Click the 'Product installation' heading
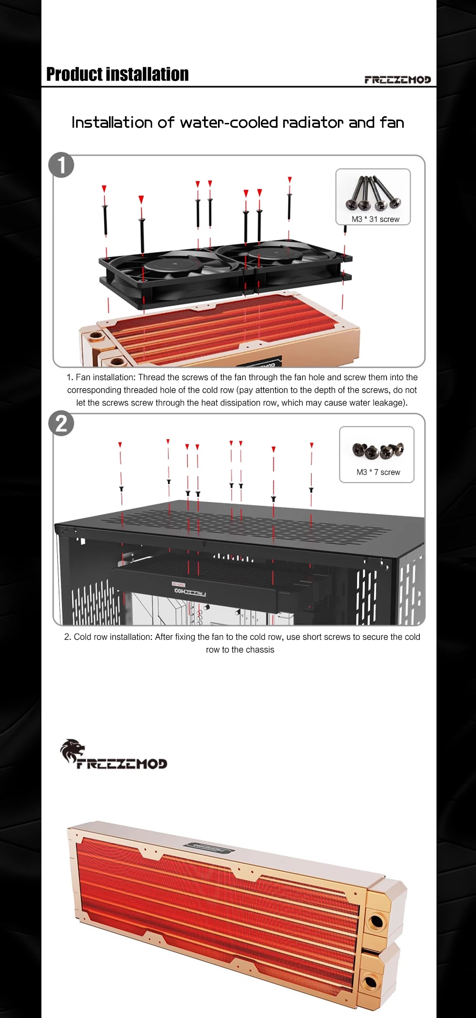point(118,74)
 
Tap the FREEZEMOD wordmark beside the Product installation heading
point(397,80)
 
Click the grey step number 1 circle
point(61,165)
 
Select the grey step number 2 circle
point(61,423)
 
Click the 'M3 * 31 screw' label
point(376,219)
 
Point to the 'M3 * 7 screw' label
point(378,472)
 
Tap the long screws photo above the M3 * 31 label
point(373,193)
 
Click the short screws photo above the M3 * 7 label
point(378,450)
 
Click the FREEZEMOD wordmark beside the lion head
point(122,764)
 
